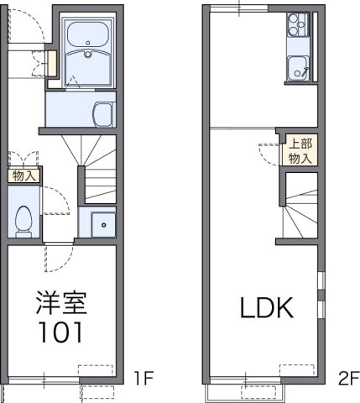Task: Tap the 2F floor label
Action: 348,377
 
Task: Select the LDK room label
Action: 268,308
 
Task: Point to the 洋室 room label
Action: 61,301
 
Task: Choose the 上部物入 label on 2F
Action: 300,149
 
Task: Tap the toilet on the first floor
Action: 23,217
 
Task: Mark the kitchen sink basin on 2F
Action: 298,66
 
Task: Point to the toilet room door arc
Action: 55,201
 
